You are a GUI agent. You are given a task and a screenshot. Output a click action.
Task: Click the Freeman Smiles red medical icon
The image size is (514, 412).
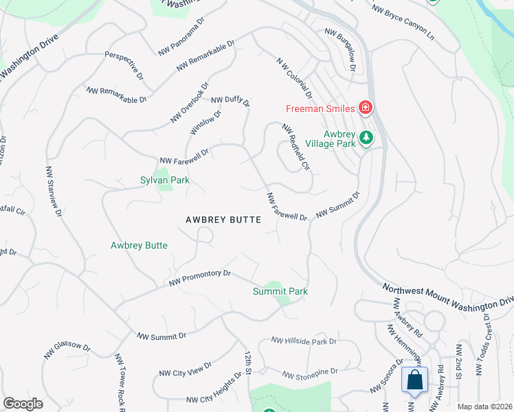click(366, 108)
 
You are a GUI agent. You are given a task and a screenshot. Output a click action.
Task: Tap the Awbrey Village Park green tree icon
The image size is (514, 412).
click(367, 138)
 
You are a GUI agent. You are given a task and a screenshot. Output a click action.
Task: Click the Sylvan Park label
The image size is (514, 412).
click(165, 181)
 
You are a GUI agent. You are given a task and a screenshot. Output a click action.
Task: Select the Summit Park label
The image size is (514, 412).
click(280, 291)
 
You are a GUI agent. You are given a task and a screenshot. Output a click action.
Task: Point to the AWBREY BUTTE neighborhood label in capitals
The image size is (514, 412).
click(223, 220)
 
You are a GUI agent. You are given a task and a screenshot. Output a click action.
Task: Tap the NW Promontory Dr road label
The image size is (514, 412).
click(200, 277)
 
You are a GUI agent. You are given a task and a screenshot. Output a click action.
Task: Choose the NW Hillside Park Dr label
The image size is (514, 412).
click(303, 341)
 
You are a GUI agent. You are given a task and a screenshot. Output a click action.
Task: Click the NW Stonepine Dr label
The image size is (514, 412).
click(310, 373)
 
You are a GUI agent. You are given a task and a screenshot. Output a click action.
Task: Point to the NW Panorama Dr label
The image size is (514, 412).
click(181, 44)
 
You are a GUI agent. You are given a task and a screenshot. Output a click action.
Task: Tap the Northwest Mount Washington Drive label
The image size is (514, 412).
click(446, 295)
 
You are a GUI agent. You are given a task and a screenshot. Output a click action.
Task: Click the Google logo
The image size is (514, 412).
click(23, 404)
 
